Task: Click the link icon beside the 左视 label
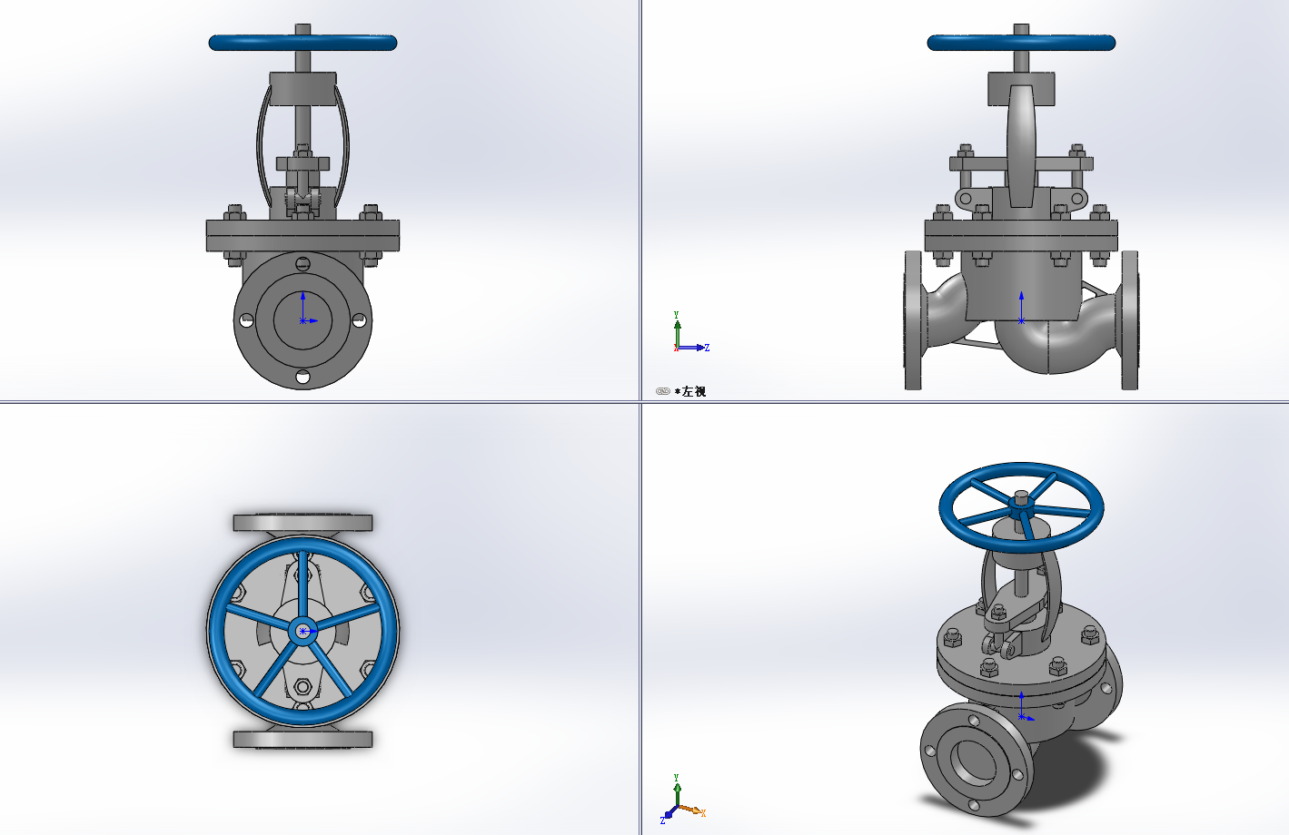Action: pyautogui.click(x=663, y=391)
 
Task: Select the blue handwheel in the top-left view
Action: pyautogui.click(x=302, y=43)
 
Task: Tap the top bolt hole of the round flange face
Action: pyautogui.click(x=302, y=264)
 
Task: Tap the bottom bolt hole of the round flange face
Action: pyautogui.click(x=302, y=377)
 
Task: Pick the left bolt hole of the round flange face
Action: pyautogui.click(x=245, y=320)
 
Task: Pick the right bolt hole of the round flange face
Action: pyautogui.click(x=360, y=320)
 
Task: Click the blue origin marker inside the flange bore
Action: pyautogui.click(x=302, y=320)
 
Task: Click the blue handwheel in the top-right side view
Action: pyautogui.click(x=1021, y=43)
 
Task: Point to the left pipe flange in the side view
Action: pyautogui.click(x=913, y=320)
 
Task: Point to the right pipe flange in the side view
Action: pyautogui.click(x=1129, y=320)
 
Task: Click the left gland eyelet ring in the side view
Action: pyautogui.click(x=965, y=198)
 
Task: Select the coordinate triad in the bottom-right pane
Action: pyautogui.click(x=681, y=802)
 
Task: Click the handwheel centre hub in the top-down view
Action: pyautogui.click(x=302, y=631)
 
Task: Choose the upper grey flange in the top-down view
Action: pyautogui.click(x=302, y=523)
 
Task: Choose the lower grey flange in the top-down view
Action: pyautogui.click(x=302, y=740)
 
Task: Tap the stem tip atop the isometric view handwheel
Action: pyautogui.click(x=1021, y=496)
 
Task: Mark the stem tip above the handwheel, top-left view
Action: pyautogui.click(x=302, y=29)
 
